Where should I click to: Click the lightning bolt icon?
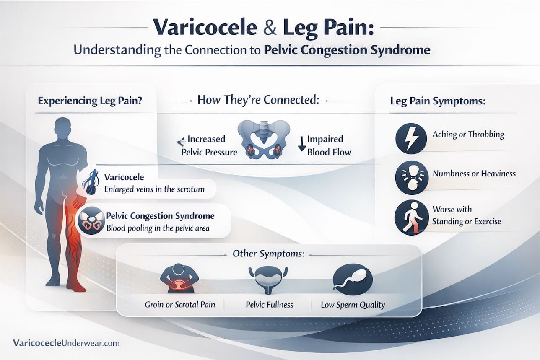point(411,138)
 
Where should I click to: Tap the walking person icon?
point(410,216)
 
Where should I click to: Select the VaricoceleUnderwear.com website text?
point(66,343)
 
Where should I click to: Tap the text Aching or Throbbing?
point(468,135)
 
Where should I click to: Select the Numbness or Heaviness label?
point(474,173)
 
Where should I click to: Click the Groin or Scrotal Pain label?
point(180,304)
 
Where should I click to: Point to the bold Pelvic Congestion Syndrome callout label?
point(161,216)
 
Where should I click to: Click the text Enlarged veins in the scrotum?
point(154,189)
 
